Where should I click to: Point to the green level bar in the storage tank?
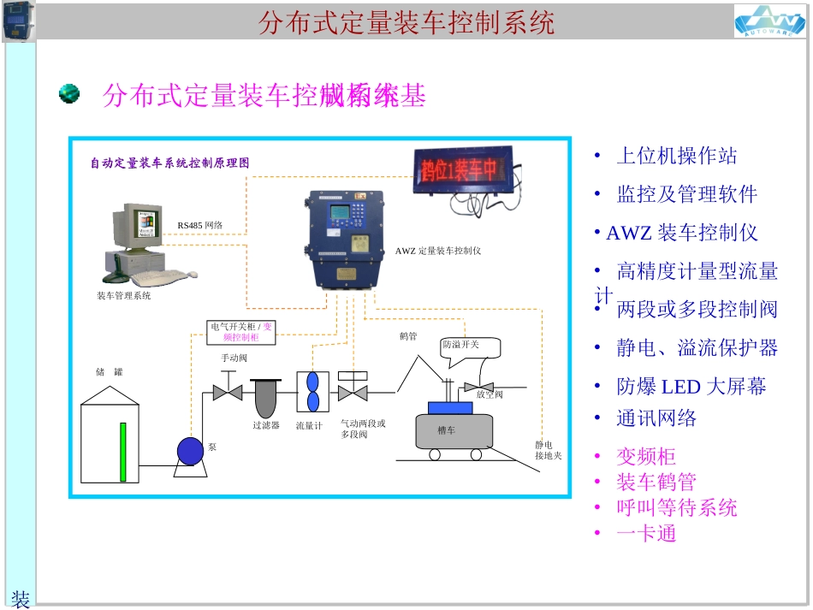click(x=123, y=451)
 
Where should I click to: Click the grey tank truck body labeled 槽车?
click(x=454, y=430)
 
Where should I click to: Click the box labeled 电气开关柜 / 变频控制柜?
click(x=241, y=332)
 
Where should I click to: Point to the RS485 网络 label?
click(x=200, y=225)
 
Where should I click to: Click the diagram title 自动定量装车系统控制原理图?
click(x=170, y=163)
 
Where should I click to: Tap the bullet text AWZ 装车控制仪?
click(x=682, y=233)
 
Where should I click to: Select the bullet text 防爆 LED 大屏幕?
click(x=691, y=387)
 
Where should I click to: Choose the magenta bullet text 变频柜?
click(x=647, y=456)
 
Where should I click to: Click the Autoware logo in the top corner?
click(x=769, y=21)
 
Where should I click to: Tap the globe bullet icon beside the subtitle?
click(x=69, y=93)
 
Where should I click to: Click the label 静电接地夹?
click(x=548, y=450)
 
